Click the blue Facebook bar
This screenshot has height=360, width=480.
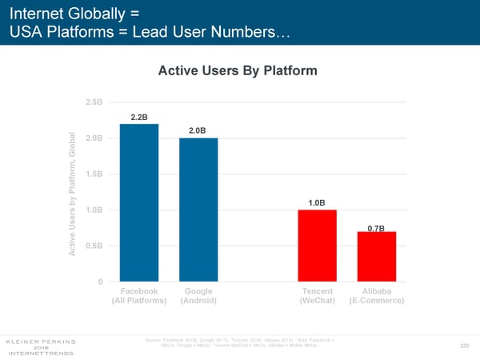click(x=138, y=203)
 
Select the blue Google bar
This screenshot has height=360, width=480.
click(x=198, y=210)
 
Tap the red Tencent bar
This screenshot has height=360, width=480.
click(x=317, y=246)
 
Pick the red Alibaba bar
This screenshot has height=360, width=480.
click(x=377, y=256)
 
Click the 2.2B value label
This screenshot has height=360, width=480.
click(x=138, y=117)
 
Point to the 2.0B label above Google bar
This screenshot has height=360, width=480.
click(x=198, y=130)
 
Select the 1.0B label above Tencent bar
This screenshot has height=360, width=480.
click(x=317, y=202)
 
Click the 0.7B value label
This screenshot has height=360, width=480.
click(x=376, y=230)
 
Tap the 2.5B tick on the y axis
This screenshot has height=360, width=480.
click(x=94, y=102)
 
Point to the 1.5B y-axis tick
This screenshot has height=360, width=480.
click(x=94, y=174)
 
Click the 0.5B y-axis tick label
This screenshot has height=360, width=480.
click(x=94, y=246)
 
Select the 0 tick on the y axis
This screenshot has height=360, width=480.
click(x=100, y=282)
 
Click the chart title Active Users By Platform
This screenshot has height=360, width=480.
click(x=238, y=70)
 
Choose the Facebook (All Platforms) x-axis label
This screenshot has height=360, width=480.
click(x=138, y=296)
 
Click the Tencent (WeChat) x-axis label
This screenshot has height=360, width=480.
click(x=317, y=296)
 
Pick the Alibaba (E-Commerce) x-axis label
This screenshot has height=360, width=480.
click(x=376, y=296)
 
